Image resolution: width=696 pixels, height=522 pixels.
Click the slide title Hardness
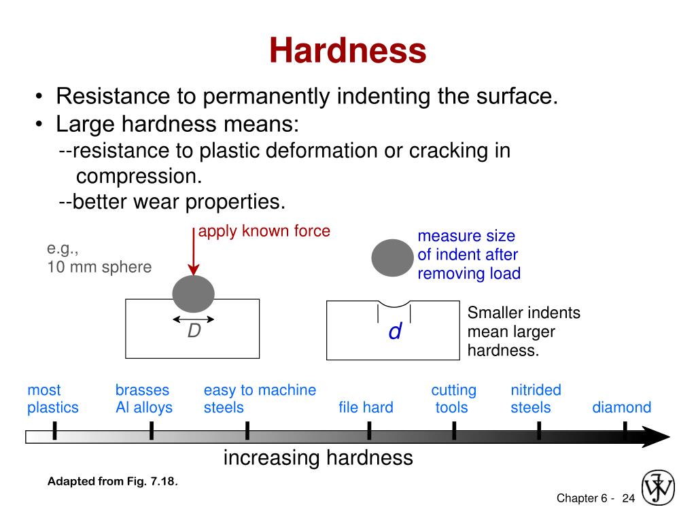coord(347,50)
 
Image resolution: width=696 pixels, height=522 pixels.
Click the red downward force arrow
coord(194,255)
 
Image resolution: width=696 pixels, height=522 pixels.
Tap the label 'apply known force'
coord(264,231)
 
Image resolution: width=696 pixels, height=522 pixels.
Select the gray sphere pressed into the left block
coord(193,294)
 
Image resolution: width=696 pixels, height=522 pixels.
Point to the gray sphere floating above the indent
coord(392,258)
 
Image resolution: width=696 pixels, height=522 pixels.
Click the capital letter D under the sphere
coord(194,331)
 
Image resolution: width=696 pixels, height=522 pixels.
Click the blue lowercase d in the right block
coord(395,332)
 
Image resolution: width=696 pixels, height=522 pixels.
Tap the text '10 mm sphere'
coord(99,267)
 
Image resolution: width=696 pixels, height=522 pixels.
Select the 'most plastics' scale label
coord(52,399)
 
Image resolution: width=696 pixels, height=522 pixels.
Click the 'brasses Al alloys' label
coord(143,399)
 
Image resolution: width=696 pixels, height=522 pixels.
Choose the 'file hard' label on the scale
coord(366,408)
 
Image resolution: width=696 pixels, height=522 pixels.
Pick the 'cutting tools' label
coord(453,399)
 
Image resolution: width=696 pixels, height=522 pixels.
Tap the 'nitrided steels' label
coord(536,399)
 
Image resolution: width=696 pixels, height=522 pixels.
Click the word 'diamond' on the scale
coord(621,408)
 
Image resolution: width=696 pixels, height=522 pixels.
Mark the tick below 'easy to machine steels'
coord(247,431)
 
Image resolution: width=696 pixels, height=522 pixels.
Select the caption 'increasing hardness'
coord(318,458)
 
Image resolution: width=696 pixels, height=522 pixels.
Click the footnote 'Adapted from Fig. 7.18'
coord(113,482)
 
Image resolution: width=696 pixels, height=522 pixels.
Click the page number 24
coord(628,499)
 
